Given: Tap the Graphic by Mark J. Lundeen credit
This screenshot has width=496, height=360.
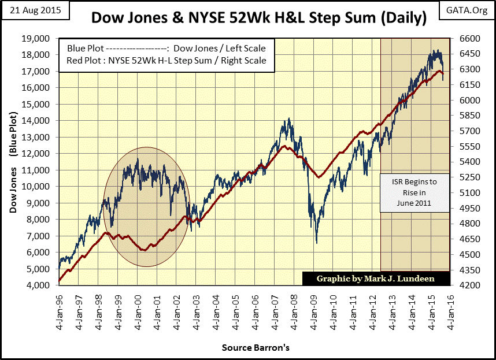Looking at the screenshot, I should click(376, 279).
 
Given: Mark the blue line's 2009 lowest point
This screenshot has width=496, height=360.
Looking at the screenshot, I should click(316, 243).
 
